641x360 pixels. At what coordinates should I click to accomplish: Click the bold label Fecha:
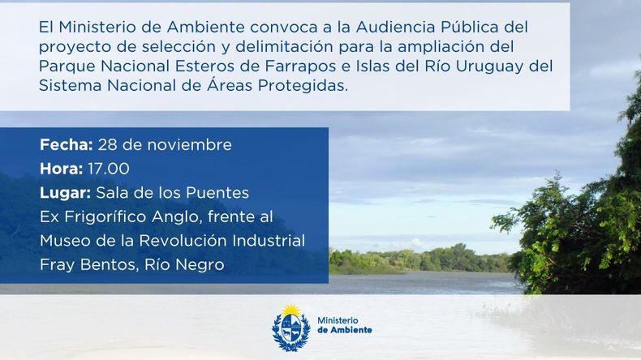click(x=67, y=144)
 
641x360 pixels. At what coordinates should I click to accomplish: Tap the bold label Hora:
click(x=62, y=169)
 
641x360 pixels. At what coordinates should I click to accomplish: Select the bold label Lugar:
click(x=66, y=193)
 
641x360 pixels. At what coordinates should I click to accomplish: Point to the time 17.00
click(x=109, y=169)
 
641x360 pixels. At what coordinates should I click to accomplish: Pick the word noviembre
click(x=189, y=144)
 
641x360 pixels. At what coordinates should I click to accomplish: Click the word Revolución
click(x=183, y=241)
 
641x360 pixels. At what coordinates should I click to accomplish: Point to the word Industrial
click(x=269, y=241)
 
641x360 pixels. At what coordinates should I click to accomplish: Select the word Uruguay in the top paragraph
click(x=489, y=66)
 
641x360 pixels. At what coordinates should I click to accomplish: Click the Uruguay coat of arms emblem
click(x=291, y=328)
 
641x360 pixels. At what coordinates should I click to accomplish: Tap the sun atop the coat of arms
click(x=291, y=311)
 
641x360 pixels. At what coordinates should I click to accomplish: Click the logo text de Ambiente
click(x=345, y=330)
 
